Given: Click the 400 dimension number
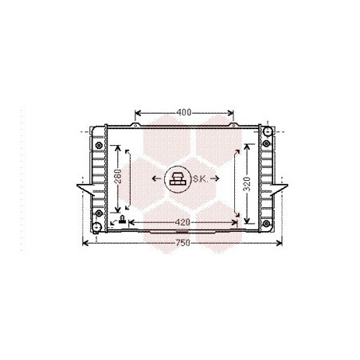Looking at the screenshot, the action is coord(184,112).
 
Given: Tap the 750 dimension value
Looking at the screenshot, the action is coord(183,243).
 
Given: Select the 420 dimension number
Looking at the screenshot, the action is coord(183,222).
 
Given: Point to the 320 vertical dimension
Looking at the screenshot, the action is coord(247,184).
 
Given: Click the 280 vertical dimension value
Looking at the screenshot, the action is coord(118,177).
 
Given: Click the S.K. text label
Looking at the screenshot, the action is coord(200,179).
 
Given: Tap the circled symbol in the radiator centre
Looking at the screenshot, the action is coord(178,179).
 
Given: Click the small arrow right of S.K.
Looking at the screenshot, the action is coord(214,178).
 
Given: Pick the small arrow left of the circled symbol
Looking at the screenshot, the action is coord(157,178).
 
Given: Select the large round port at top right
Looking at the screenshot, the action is coord(268,131).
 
